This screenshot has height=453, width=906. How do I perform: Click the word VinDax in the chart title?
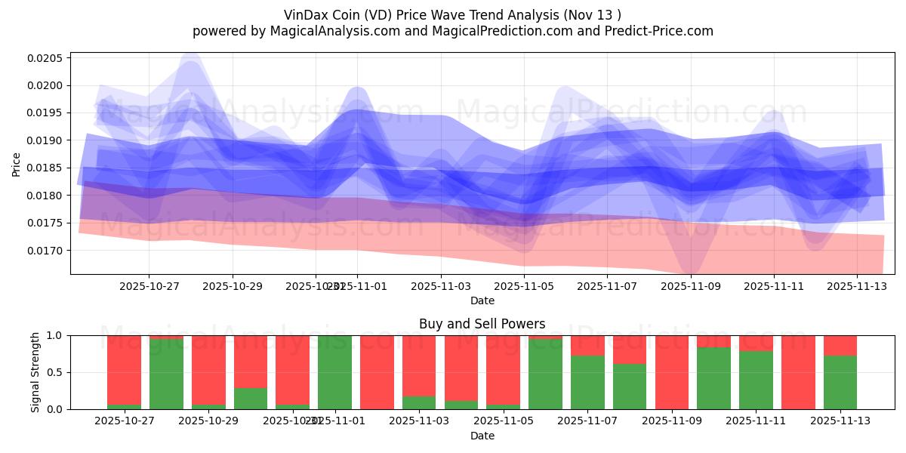307,14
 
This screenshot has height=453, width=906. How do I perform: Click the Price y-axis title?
17,164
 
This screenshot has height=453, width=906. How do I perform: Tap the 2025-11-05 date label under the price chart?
524,287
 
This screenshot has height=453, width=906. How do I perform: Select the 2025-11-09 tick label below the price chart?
691,287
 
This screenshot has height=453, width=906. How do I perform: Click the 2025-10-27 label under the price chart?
148,287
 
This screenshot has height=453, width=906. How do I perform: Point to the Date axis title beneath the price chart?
482,300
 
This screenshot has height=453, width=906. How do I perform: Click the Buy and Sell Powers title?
482,324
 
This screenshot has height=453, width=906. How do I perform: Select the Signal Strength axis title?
35,372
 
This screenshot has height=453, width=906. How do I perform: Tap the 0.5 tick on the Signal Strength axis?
56,372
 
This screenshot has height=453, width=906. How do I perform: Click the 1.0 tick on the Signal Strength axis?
56,335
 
